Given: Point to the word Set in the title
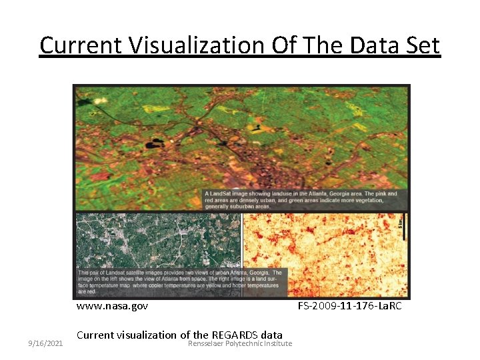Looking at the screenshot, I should pos(421,45).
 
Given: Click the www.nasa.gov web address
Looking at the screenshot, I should pos(112,306).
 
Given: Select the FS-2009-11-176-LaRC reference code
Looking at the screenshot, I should pos(349,306).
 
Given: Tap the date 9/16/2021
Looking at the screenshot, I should pos(45,343).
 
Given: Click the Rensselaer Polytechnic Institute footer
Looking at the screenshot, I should pos(240,343).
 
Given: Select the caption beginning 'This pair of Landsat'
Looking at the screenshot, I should pos(180,282).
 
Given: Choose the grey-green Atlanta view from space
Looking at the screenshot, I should pos(157,240).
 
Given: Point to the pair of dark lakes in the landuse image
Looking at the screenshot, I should pos(156,143).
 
